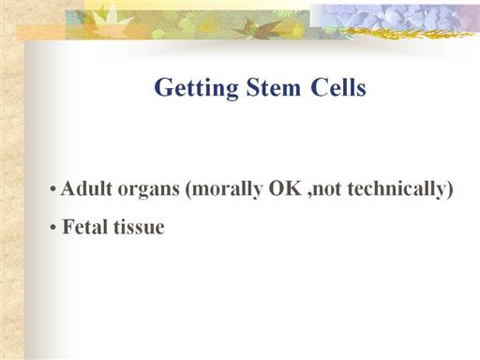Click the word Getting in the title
click(196, 88)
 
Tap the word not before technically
click(328, 189)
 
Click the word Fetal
click(85, 227)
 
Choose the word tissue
click(139, 227)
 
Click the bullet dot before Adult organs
click(53, 189)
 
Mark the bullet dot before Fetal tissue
click(53, 228)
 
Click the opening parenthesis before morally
click(188, 189)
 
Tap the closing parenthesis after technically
click(449, 189)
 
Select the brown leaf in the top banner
click(262, 29)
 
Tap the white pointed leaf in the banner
click(111, 18)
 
